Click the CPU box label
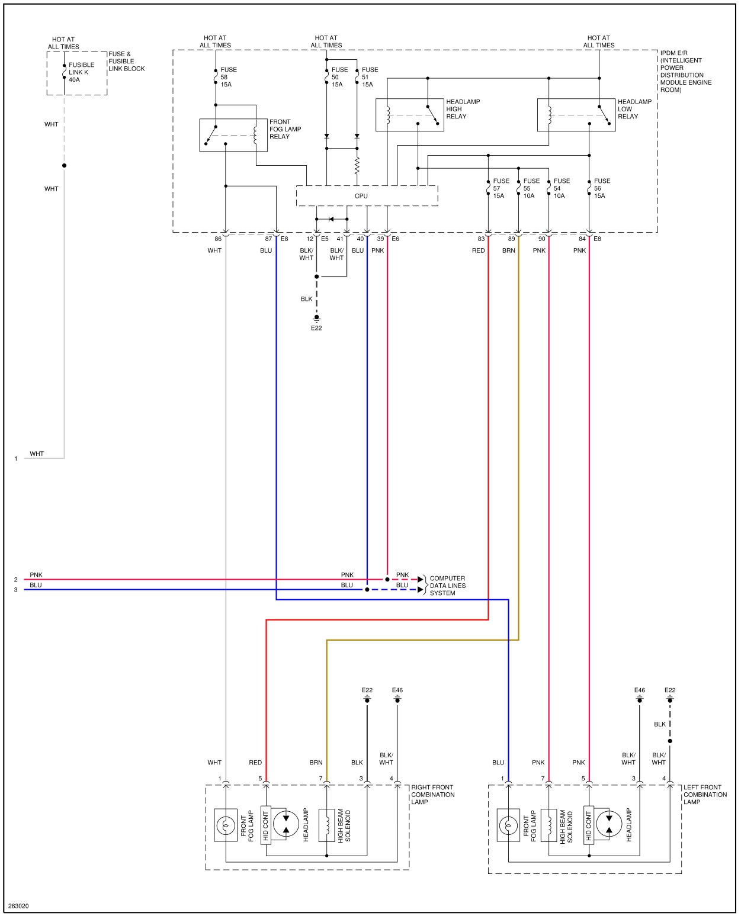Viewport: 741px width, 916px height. [x=361, y=196]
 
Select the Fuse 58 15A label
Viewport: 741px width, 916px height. [x=228, y=77]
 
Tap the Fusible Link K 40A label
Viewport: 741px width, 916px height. [x=81, y=72]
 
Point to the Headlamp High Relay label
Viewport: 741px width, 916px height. [x=463, y=109]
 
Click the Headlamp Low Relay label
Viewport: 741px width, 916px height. [x=634, y=109]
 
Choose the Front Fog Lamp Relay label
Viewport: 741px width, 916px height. [x=285, y=129]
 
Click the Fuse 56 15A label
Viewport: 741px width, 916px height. [x=601, y=188]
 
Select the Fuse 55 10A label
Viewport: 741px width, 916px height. [x=531, y=188]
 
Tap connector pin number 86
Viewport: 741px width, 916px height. [x=218, y=239]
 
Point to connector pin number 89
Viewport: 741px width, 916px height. [x=511, y=239]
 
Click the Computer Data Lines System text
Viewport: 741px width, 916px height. [x=447, y=586]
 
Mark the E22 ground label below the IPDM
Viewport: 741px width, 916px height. [x=316, y=328]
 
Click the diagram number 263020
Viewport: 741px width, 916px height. [x=18, y=906]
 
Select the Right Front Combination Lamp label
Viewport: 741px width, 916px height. [x=432, y=795]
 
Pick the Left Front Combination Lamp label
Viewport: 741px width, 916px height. [x=705, y=795]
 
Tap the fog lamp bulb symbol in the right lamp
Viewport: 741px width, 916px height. [x=226, y=825]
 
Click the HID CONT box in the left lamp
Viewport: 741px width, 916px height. [x=589, y=825]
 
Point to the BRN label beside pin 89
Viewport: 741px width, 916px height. [x=508, y=250]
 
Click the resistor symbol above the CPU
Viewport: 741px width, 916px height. [x=357, y=166]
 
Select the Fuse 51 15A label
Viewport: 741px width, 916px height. [x=369, y=77]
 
